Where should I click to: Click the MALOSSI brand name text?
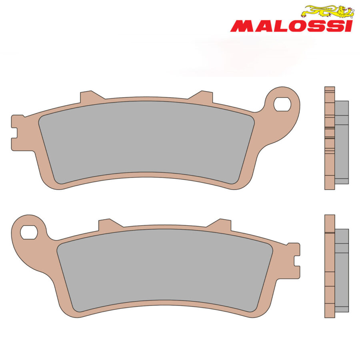(291, 26)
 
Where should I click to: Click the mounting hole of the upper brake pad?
(282, 104)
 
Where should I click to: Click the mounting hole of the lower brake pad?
(29, 232)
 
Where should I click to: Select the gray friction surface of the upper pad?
(146, 142)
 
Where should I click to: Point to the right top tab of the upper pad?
(204, 96)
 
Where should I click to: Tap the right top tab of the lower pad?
(222, 224)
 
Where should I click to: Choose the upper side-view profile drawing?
(335, 138)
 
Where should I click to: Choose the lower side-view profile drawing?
(335, 266)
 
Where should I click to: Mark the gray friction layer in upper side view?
(342, 142)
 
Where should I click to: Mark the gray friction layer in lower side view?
(342, 270)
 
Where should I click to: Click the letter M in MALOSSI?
(240, 26)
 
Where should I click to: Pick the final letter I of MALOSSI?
(349, 26)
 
